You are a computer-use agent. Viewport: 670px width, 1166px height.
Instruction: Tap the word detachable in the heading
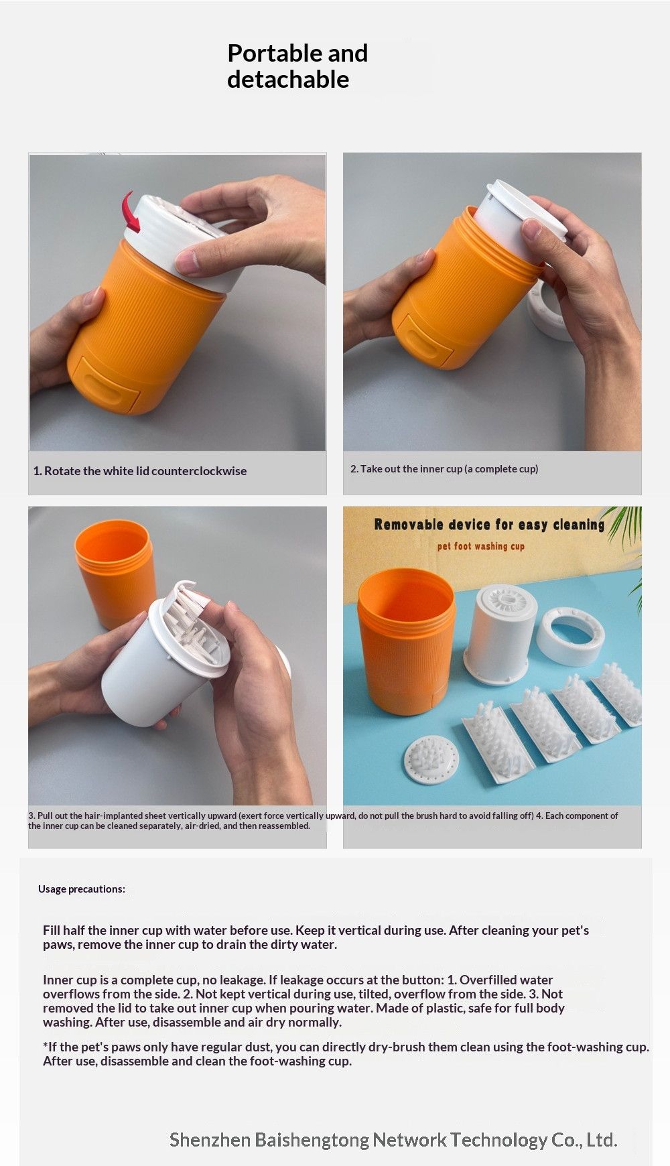point(288,79)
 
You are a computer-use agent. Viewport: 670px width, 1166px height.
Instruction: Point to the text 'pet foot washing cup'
point(480,546)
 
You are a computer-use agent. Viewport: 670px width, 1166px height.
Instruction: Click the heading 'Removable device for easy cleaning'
point(489,525)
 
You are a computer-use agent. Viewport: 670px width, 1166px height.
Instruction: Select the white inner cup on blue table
point(500,633)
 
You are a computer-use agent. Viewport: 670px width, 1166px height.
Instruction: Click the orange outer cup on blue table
point(406,643)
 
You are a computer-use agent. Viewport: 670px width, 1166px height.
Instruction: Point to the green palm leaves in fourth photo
point(626,529)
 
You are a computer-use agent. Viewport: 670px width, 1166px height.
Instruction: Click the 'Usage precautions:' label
point(82,889)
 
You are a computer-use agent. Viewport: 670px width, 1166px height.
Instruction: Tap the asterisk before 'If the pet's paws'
point(45,1047)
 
